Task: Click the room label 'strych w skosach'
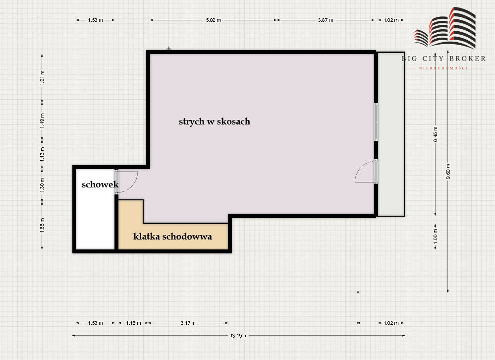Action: coord(215,121)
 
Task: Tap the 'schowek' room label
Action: coord(100,184)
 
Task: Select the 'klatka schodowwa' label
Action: coord(172,237)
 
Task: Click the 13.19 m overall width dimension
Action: coord(239,336)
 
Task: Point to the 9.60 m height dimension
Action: coord(448,172)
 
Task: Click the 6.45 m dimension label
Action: coord(436,134)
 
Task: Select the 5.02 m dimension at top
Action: coord(214,20)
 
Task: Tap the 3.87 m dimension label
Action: coord(326,20)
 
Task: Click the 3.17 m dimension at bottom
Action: coord(188,323)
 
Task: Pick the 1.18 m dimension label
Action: coord(134,323)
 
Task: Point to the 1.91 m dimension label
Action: coord(42,78)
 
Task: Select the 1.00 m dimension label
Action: coord(436,235)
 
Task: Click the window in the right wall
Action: coord(376,122)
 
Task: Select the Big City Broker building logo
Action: coord(445,28)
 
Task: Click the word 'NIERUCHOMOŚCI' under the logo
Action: coord(443,68)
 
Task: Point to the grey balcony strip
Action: coord(391,134)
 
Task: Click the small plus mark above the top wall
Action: coord(169,49)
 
